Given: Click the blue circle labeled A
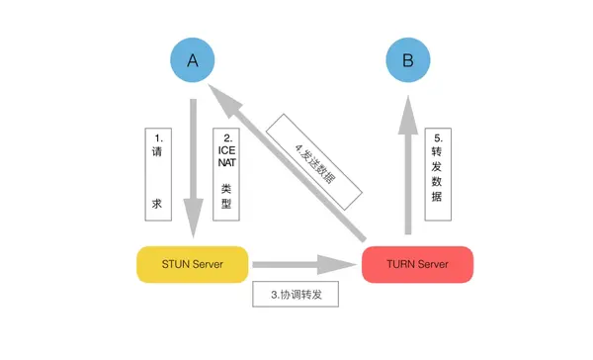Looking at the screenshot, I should coord(194,61).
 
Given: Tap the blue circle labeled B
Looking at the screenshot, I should coord(408,61).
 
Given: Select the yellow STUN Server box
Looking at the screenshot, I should coord(192,264).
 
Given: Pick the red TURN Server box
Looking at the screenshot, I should coord(418,264).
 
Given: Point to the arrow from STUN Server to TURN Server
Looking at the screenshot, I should coord(301,265).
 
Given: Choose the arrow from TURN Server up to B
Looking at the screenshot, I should coord(408,168).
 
